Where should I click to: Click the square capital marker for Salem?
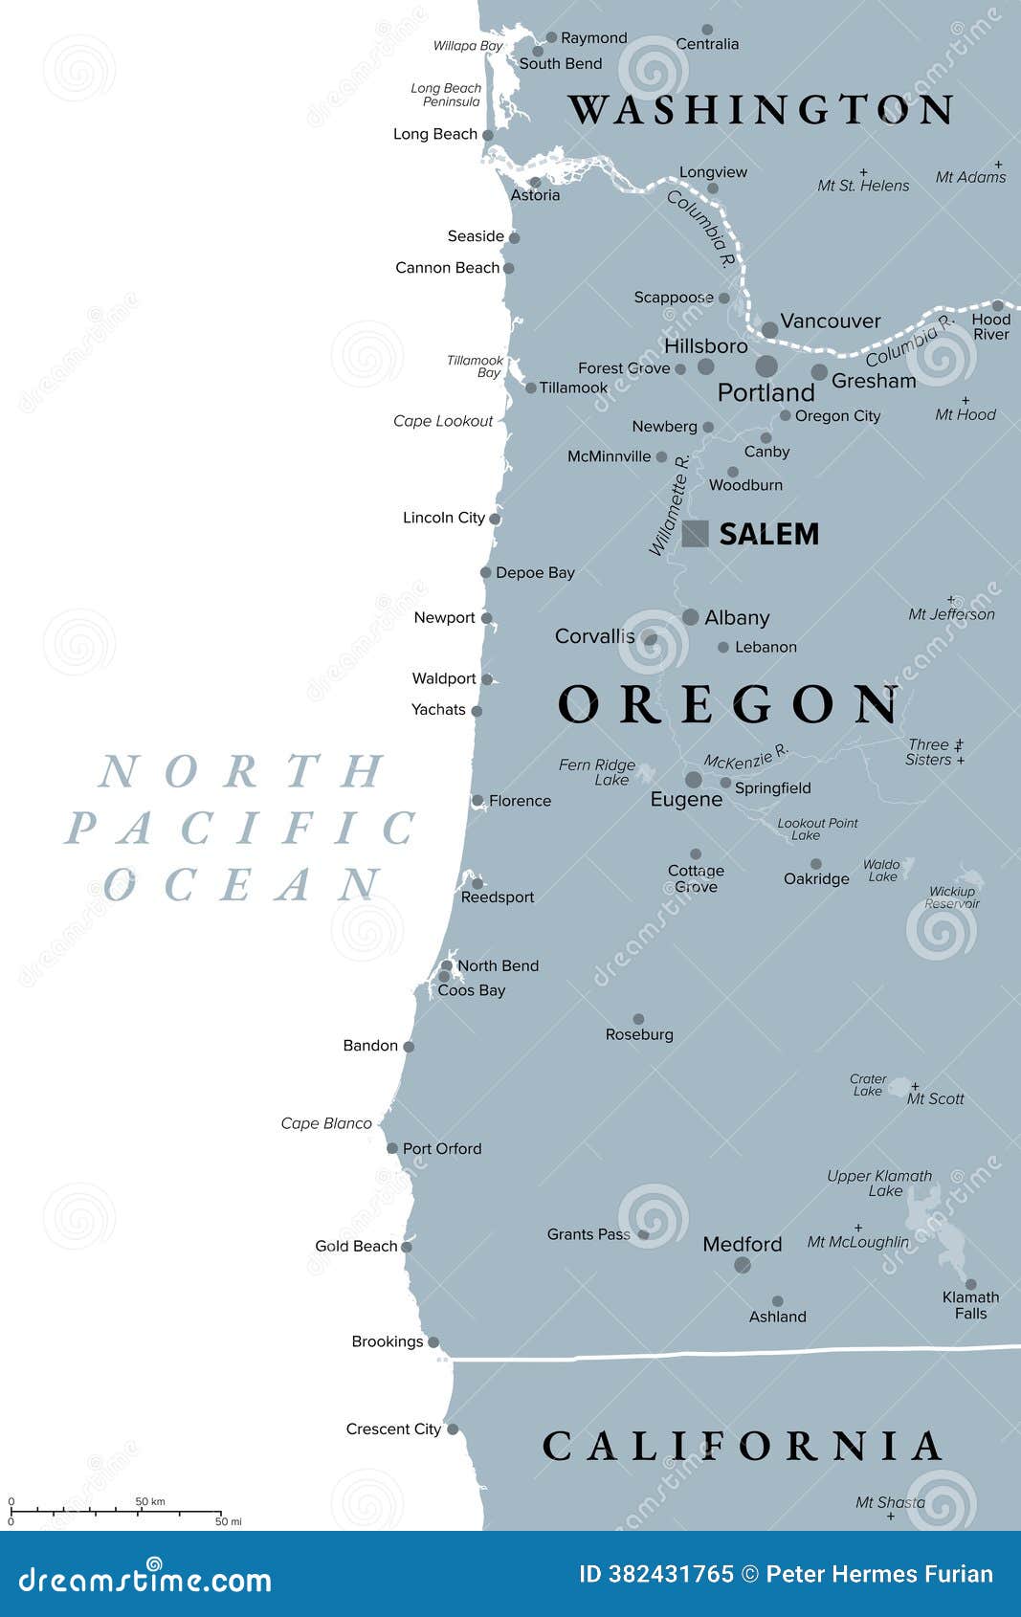696,533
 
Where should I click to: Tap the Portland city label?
766,392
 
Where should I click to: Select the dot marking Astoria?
535,182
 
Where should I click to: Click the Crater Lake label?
868,1085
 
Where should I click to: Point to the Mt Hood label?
965,414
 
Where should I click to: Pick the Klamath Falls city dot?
970,1284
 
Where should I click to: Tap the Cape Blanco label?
325,1123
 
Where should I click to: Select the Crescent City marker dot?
453,1429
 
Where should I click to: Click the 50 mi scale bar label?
228,1521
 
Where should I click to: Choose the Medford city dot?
743,1265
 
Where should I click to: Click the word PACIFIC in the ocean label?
239,829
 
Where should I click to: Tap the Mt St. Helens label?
863,186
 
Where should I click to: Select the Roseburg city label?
639,1034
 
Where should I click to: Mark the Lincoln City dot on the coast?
495,519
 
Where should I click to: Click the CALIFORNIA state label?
743,1446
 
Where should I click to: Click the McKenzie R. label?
746,756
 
